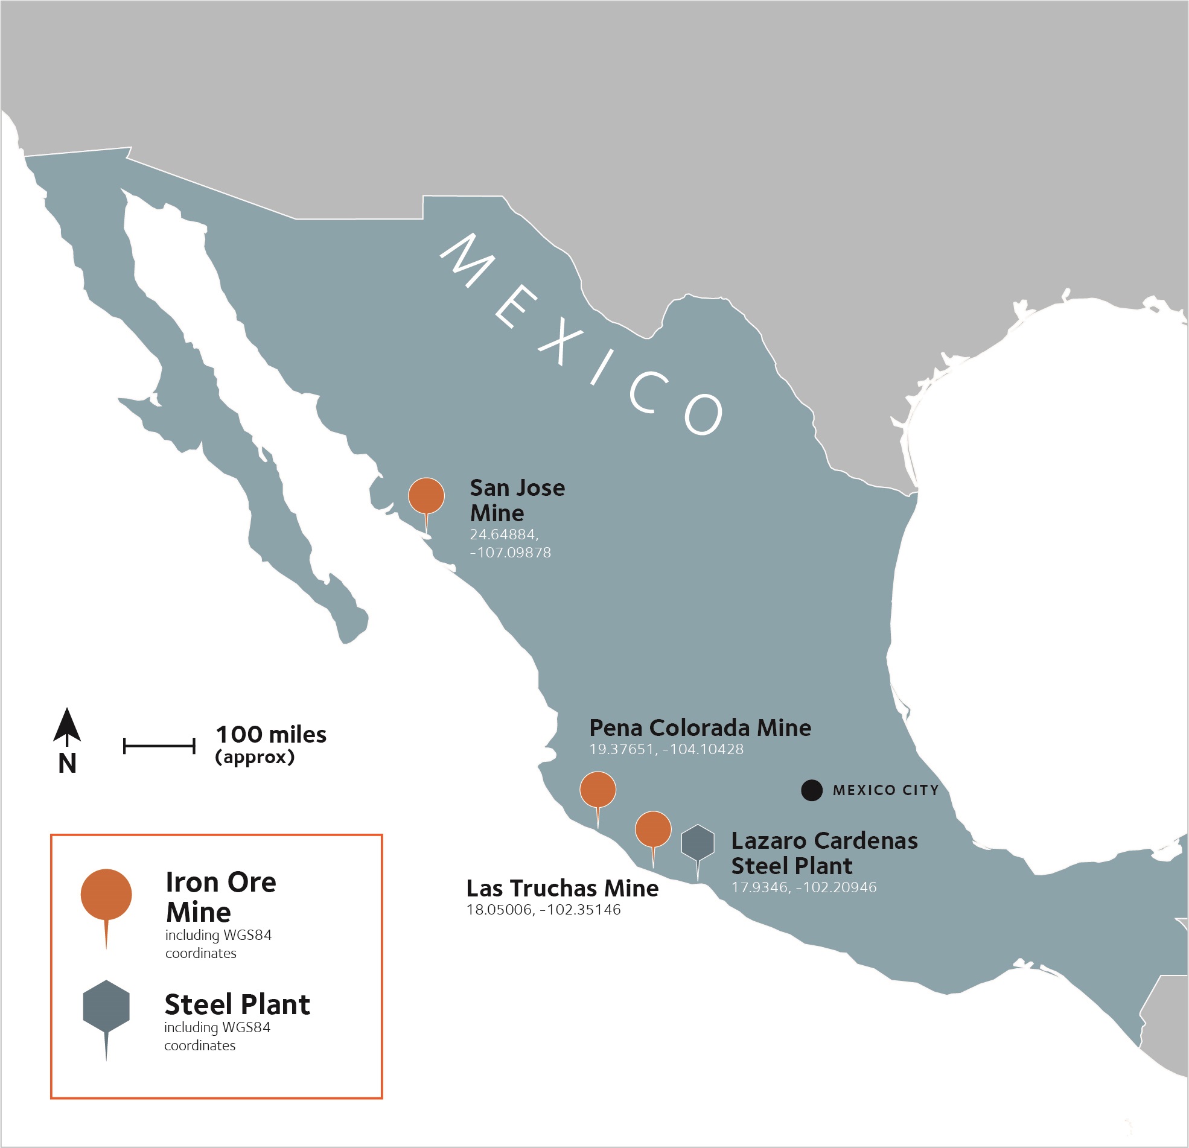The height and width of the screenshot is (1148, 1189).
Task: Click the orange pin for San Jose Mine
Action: tap(427, 495)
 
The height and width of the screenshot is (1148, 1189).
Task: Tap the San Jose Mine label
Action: tap(517, 500)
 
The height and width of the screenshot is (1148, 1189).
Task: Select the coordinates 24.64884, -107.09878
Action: tap(510, 544)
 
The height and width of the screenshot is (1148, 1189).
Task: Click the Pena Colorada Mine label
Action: tap(700, 728)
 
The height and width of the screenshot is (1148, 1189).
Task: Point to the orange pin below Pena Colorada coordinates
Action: tap(598, 790)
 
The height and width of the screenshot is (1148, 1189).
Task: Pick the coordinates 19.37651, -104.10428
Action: tap(666, 750)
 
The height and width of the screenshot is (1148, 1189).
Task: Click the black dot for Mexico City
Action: tap(812, 790)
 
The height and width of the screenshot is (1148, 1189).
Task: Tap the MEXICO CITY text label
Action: tap(885, 790)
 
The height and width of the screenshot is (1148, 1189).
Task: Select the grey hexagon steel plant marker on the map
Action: tap(698, 842)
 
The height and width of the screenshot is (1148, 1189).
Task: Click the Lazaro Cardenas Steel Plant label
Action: tap(824, 853)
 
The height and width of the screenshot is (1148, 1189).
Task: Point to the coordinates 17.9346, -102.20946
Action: tap(804, 888)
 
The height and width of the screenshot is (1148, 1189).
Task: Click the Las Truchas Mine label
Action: tap(563, 889)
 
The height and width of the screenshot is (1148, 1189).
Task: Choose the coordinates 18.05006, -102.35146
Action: tap(544, 910)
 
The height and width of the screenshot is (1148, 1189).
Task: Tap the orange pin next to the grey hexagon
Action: tap(652, 829)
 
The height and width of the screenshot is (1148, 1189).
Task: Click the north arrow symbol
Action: tap(67, 728)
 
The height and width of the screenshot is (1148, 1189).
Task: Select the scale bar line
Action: tap(159, 746)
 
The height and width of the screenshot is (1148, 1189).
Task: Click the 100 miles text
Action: tap(271, 735)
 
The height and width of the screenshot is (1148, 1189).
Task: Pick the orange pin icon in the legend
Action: tap(106, 895)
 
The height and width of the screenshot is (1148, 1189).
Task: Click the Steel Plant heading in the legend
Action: tap(237, 1005)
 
